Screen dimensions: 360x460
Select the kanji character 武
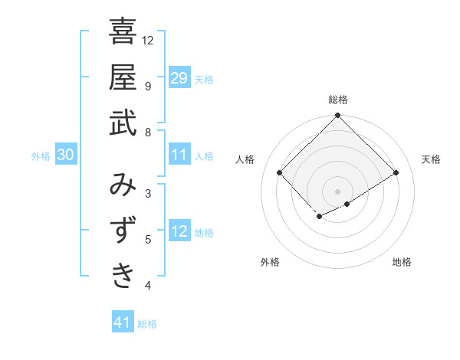click(x=123, y=123)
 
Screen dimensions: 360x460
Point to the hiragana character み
click(x=123, y=185)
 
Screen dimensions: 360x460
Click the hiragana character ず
click(x=123, y=230)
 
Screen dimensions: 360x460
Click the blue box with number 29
click(x=179, y=77)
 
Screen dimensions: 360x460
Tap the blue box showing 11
click(x=179, y=155)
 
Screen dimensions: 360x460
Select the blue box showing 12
click(x=179, y=231)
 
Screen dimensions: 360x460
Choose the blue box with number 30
click(x=65, y=155)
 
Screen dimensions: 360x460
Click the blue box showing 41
click(x=123, y=322)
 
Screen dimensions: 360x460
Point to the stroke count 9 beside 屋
click(x=148, y=86)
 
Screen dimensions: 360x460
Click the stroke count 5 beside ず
click(x=148, y=240)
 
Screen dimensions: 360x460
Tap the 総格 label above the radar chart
click(x=338, y=100)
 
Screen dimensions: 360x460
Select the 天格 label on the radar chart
click(x=431, y=159)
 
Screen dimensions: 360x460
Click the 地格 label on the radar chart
click(x=402, y=262)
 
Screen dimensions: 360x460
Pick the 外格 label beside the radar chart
click(x=270, y=262)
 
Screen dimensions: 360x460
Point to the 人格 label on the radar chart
click(x=245, y=159)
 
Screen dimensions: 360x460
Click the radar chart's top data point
click(x=338, y=116)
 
